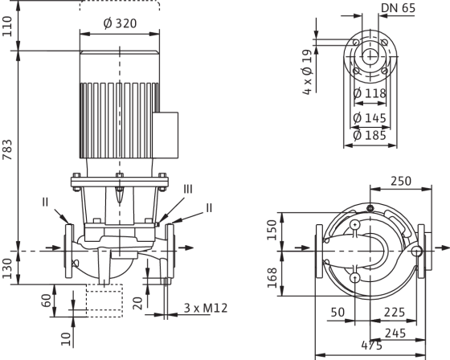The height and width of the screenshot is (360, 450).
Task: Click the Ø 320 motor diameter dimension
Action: pyautogui.click(x=120, y=23)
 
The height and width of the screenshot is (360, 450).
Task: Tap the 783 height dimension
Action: pyautogui.click(x=7, y=149)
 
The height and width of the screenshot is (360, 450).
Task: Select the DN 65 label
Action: pyautogui.click(x=398, y=8)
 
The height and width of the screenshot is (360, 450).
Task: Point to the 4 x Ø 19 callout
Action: pyautogui.click(x=307, y=72)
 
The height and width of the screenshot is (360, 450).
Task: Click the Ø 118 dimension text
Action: pyautogui.click(x=370, y=93)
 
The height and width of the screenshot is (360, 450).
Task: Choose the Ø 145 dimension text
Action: pyautogui.click(x=370, y=117)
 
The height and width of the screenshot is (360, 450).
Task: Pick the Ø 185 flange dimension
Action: pyautogui.click(x=370, y=135)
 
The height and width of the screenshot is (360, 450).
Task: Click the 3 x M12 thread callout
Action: pyautogui.click(x=206, y=308)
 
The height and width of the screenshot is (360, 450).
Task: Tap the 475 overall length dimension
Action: pyautogui.click(x=371, y=346)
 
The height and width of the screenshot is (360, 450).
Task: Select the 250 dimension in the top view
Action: pyautogui.click(x=401, y=181)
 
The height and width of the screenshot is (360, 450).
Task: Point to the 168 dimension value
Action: pyautogui.click(x=272, y=278)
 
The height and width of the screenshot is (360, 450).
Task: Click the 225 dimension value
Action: pyautogui.click(x=395, y=312)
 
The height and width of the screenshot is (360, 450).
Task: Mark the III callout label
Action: pyautogui.click(x=188, y=189)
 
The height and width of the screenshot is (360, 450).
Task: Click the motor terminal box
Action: pyautogui.click(x=166, y=135)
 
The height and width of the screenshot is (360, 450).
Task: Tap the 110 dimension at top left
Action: pyautogui.click(x=7, y=27)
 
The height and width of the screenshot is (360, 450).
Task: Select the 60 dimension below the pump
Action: pyautogui.click(x=47, y=301)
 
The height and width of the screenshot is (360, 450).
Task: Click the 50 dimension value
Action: pyautogui.click(x=337, y=312)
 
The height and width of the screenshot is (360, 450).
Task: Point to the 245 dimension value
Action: pyautogui.click(x=395, y=333)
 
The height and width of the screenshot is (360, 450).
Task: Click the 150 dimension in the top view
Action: pyautogui.click(x=272, y=230)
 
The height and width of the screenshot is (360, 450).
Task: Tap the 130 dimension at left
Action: pyautogui.click(x=7, y=268)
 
